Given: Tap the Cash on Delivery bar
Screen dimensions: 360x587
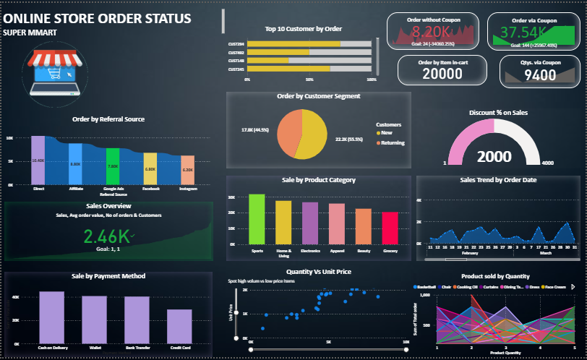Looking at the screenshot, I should point(52,317).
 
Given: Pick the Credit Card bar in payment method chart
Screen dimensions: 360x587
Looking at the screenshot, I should point(179,326).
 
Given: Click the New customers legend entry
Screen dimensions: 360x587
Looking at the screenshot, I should point(386,133).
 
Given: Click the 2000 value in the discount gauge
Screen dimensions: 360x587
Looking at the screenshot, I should point(494,156).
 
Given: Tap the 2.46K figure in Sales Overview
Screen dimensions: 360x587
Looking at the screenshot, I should point(106,236).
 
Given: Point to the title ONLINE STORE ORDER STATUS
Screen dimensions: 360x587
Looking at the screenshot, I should point(98,18).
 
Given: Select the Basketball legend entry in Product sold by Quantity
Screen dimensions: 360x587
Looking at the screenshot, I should point(427,287).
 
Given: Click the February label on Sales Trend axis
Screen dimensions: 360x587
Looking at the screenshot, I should point(470,254).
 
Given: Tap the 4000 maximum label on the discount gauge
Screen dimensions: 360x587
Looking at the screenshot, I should point(547,163).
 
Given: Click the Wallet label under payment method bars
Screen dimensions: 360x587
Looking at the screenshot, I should point(94,348).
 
